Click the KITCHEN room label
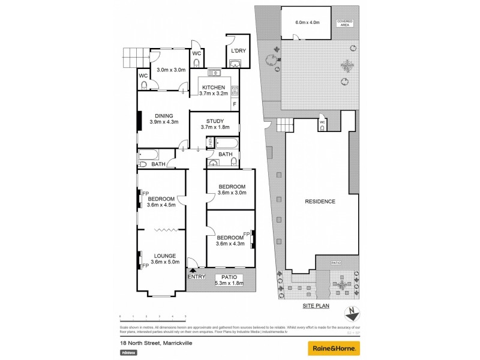point(213,88)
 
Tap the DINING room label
point(164,116)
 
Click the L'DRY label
point(236,50)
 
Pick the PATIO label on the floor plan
point(229,277)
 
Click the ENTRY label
point(196,277)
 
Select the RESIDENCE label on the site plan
point(319,201)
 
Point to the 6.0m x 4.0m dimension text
point(307,23)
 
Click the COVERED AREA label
point(345,23)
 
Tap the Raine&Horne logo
point(334,348)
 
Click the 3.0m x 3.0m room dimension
point(171,70)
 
